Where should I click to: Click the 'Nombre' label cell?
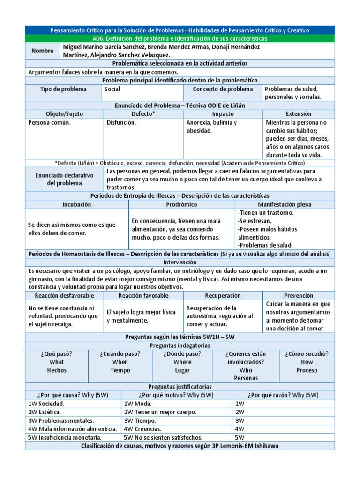click(43, 51)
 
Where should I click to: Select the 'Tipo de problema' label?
click(63, 89)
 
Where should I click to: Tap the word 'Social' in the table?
click(112, 89)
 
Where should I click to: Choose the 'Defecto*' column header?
click(143, 114)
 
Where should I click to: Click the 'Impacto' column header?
click(223, 114)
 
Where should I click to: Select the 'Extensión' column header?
click(298, 114)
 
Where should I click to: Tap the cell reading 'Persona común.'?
click(50, 123)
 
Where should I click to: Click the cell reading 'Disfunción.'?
click(121, 123)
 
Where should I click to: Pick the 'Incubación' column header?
click(77, 204)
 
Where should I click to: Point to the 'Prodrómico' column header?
click(181, 204)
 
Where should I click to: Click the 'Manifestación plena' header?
click(285, 204)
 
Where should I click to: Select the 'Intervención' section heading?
click(180, 262)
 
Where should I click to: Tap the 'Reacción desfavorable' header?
click(64, 296)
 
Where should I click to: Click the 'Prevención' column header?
click(299, 296)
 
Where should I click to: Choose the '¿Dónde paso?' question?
click(182, 354)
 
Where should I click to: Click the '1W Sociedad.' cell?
click(46, 404)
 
